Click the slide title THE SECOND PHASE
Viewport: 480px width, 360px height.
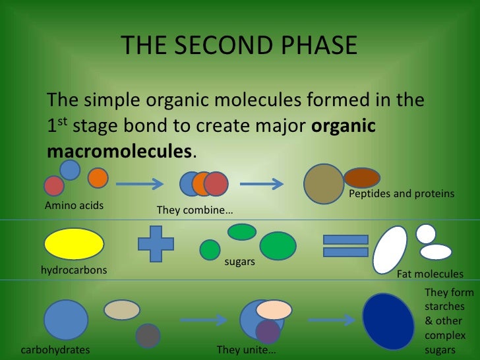coord(239,46)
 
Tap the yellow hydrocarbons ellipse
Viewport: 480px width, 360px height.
coord(74,244)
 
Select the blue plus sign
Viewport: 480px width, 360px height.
coord(156,244)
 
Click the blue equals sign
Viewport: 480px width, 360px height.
coord(345,246)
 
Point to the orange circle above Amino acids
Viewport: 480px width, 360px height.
coord(98,178)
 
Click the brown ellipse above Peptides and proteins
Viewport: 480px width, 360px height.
coord(362,177)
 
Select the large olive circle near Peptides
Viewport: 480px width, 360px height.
coord(323,184)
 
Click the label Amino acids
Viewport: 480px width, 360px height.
coord(74,206)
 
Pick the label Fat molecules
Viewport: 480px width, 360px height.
coord(430,274)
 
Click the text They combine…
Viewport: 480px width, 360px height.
coord(195,210)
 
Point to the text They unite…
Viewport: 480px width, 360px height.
coord(247,349)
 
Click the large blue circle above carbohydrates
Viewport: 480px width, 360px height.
coord(66,320)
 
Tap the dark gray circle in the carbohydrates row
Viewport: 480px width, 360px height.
coord(148,336)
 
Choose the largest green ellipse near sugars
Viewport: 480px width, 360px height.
coord(278,245)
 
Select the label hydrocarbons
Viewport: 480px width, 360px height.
coord(74,270)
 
